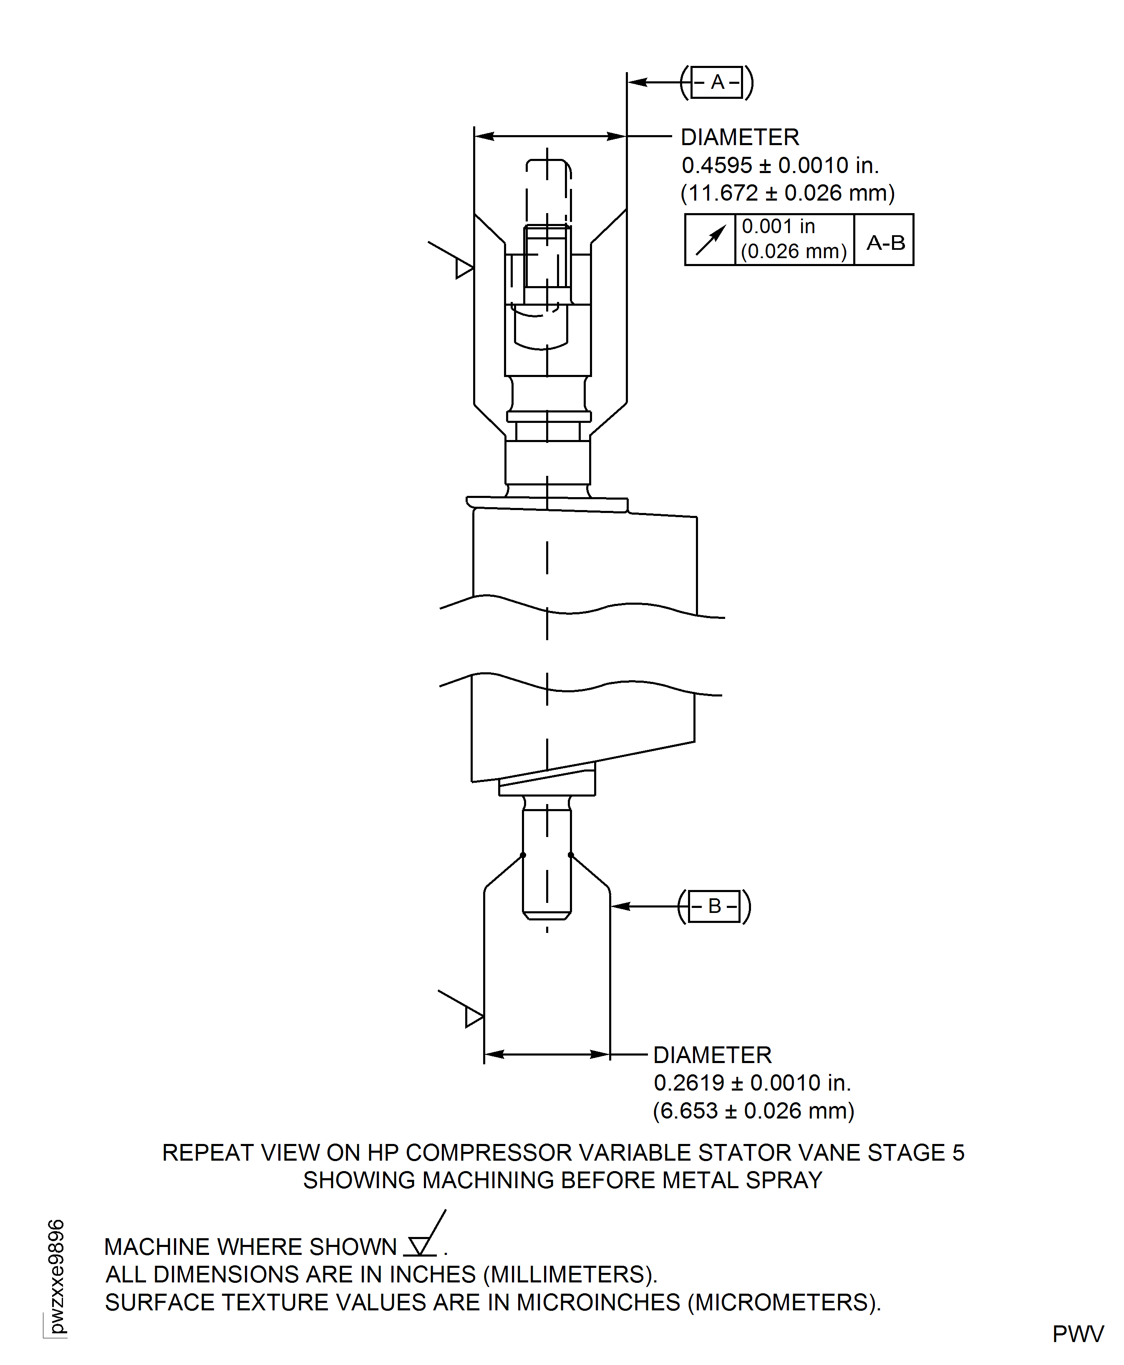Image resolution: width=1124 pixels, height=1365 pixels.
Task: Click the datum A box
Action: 717,82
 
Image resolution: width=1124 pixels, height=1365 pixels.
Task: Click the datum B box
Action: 714,906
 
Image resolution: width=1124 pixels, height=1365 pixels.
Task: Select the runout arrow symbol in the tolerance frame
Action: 710,240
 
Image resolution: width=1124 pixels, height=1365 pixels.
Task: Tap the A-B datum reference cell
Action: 885,243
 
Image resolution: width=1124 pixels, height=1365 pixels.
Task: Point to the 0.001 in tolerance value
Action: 778,226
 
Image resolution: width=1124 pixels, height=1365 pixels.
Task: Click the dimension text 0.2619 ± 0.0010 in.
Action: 752,1083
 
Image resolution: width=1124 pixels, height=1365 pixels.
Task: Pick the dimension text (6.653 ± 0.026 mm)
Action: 753,1111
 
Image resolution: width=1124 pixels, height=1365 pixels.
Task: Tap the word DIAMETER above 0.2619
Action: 712,1055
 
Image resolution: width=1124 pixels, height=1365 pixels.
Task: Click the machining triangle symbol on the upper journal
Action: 464,267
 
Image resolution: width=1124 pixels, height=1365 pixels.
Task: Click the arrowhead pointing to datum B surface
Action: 620,906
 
